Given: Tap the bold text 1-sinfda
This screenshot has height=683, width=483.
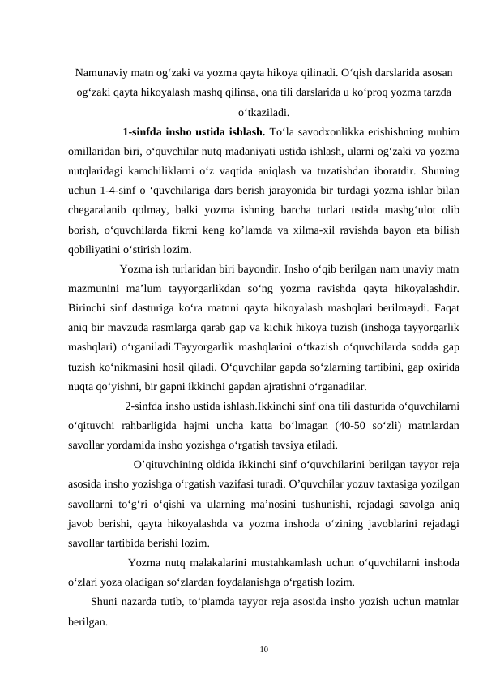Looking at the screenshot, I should pyautogui.click(x=144, y=131).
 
